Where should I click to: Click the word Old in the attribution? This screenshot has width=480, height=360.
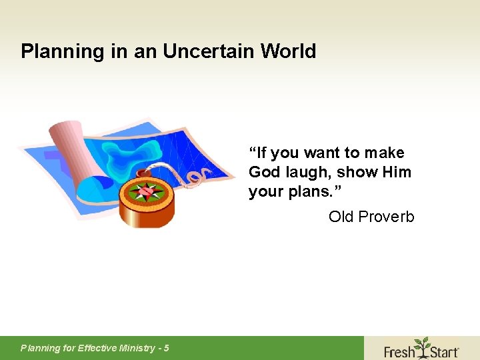341,217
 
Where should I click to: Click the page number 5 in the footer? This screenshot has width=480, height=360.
166,348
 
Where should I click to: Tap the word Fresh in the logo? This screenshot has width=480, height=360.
399,351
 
